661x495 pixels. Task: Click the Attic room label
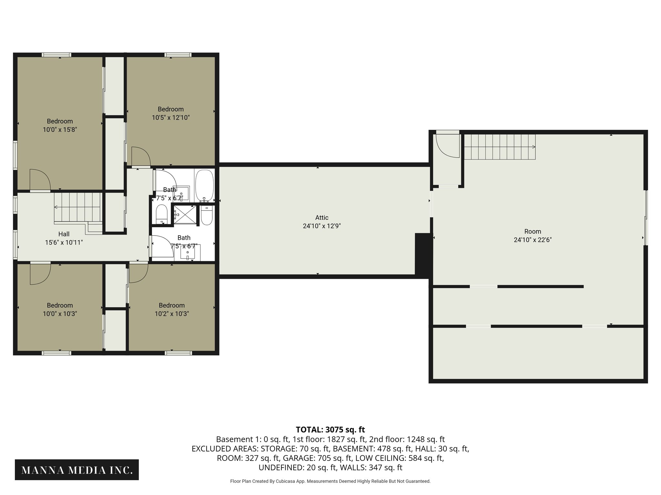pyautogui.click(x=322, y=218)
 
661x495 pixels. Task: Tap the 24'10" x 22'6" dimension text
pyautogui.click(x=533, y=240)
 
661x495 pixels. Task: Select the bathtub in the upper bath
pyautogui.click(x=205, y=185)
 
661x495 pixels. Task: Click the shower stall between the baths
pyautogui.click(x=184, y=214)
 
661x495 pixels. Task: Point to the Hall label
pyautogui.click(x=64, y=234)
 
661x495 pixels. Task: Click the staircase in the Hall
pyautogui.click(x=78, y=207)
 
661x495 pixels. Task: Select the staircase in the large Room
pyautogui.click(x=500, y=147)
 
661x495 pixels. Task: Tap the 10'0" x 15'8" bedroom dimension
pyautogui.click(x=60, y=130)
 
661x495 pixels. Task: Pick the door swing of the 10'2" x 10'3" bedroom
pyautogui.click(x=138, y=273)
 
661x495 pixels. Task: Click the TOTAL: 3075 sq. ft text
pyautogui.click(x=330, y=430)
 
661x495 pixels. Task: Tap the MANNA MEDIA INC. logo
pyautogui.click(x=77, y=470)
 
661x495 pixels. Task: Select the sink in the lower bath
pyautogui.click(x=188, y=253)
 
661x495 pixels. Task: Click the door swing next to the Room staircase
pyautogui.click(x=447, y=146)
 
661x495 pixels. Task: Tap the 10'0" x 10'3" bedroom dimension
pyautogui.click(x=60, y=314)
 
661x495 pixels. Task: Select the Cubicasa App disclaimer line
pyautogui.click(x=330, y=481)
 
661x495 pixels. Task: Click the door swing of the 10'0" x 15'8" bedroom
pyautogui.click(x=40, y=180)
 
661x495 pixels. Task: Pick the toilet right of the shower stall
pyautogui.click(x=206, y=215)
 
